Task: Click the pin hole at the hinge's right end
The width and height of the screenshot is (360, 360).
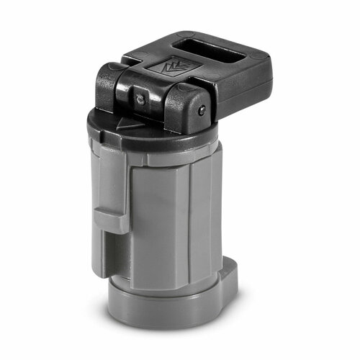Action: click(202, 109)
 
